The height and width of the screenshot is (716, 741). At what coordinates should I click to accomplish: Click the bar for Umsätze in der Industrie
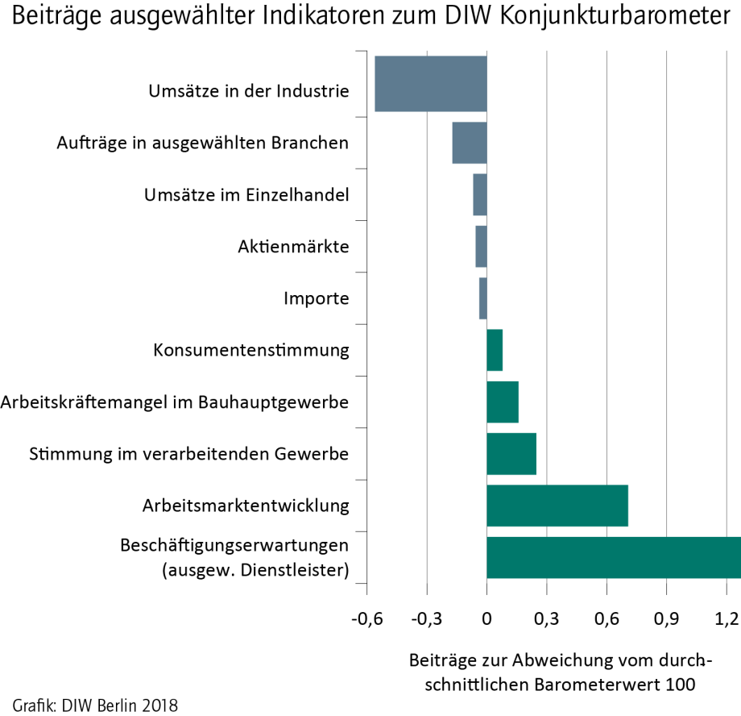tap(431, 83)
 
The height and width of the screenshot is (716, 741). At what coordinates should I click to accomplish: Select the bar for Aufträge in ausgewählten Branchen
tap(470, 143)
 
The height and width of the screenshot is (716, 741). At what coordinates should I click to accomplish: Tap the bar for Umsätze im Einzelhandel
tap(480, 194)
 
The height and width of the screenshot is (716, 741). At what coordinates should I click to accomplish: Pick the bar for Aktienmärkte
tap(481, 246)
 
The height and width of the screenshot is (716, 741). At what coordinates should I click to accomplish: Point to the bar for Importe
tap(483, 298)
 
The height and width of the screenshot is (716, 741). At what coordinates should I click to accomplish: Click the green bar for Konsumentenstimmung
tap(495, 350)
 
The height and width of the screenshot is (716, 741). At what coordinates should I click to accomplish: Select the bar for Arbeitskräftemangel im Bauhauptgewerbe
tap(503, 402)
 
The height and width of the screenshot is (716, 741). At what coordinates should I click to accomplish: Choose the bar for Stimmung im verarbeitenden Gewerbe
tap(511, 454)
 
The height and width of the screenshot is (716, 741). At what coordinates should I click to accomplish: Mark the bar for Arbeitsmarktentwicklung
tap(557, 506)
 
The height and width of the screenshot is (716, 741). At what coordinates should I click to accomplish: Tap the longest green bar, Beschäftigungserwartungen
tap(613, 557)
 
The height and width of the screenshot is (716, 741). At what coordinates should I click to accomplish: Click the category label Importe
tap(317, 298)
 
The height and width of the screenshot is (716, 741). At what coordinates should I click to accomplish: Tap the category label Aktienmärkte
tap(293, 247)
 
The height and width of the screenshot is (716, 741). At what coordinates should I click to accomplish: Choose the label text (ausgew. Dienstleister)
tap(255, 571)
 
